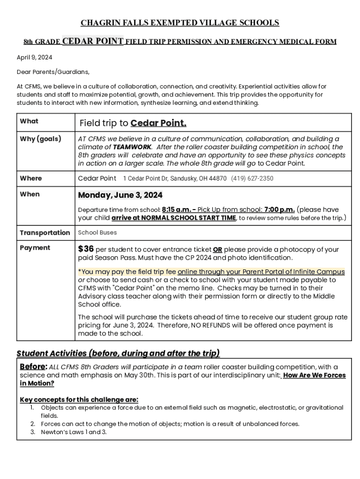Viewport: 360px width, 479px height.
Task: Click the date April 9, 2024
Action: click(35, 57)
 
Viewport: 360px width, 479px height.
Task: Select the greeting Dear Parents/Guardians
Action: click(53, 72)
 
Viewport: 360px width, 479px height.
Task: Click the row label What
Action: click(29, 121)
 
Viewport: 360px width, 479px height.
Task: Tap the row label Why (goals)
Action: click(40, 139)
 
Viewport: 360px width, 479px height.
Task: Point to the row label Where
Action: click(31, 178)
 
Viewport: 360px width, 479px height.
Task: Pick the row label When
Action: click(30, 194)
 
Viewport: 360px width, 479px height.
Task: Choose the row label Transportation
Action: click(45, 232)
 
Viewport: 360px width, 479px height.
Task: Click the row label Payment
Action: click(35, 247)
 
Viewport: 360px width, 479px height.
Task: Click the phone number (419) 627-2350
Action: click(252, 179)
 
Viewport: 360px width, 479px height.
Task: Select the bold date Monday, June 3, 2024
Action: click(120, 195)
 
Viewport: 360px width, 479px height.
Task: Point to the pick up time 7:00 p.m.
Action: click(280, 210)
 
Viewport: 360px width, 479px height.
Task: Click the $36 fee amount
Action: click(86, 249)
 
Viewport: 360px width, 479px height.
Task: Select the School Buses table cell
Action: click(97, 232)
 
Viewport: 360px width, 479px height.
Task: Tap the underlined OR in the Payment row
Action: click(217, 250)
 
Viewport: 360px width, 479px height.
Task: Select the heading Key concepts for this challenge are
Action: click(79, 399)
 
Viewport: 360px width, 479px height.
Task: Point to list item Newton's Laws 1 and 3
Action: click(74, 432)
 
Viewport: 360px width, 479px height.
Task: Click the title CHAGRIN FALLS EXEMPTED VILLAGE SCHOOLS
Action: click(180, 23)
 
